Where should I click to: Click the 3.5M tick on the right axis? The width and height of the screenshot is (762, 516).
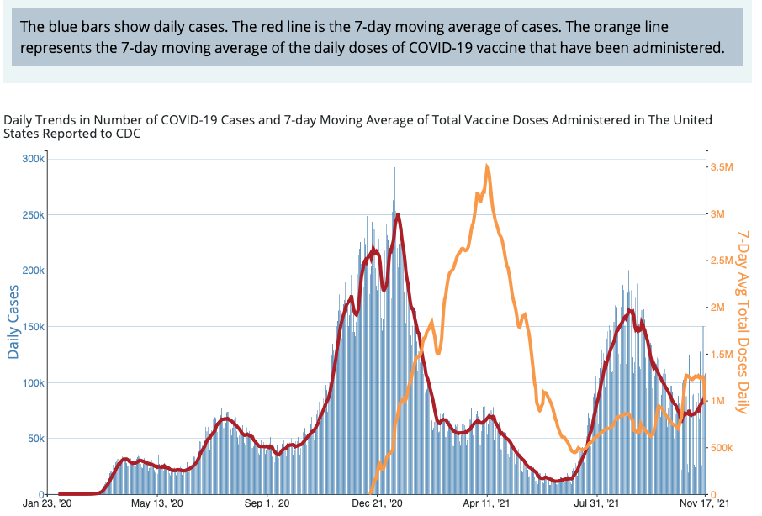click(722, 167)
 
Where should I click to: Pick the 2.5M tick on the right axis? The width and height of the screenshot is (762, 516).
click(722, 261)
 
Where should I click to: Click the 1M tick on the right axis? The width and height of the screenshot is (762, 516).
click(719, 401)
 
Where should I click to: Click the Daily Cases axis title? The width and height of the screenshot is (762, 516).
click(13, 322)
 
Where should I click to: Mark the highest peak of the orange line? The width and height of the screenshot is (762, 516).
click(488, 166)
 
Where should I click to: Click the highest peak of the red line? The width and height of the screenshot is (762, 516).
click(397, 215)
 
